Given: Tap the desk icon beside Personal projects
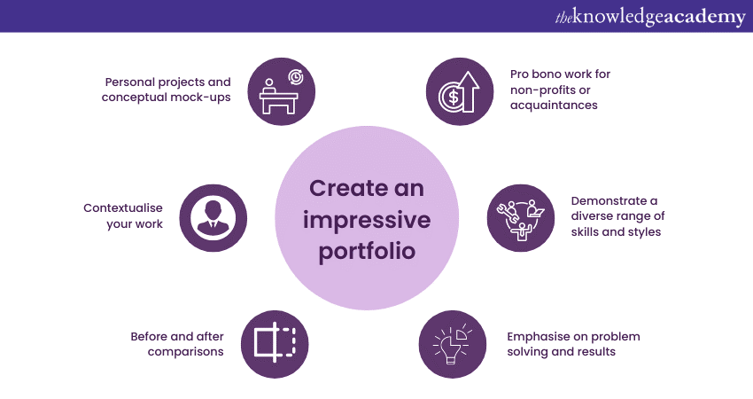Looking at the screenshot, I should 281,90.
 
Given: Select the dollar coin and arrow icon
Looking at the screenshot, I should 458,90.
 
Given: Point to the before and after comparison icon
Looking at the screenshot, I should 275,342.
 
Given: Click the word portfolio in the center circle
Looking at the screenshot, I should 366,250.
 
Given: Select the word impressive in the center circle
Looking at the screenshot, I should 366,219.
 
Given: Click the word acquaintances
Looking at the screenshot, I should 554,105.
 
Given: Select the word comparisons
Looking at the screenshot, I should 183,352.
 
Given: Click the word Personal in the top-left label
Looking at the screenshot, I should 128,82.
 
